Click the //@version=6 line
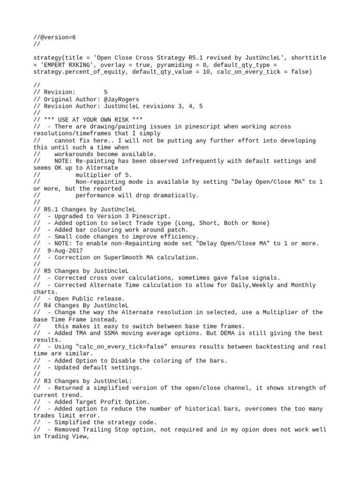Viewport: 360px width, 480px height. coord(52,37)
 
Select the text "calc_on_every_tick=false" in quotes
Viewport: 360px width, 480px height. coord(118,346)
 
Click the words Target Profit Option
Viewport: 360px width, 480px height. coord(111,402)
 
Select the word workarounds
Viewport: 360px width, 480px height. coord(76,154)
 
